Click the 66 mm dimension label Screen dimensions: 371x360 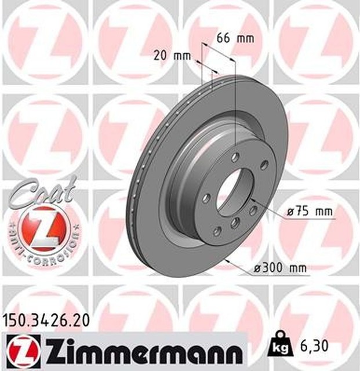[235, 39]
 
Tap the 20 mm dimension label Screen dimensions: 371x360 [172, 56]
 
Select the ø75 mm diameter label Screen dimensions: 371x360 [311, 212]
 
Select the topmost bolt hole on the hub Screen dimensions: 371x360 [235, 158]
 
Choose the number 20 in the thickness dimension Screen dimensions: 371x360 [161, 56]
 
